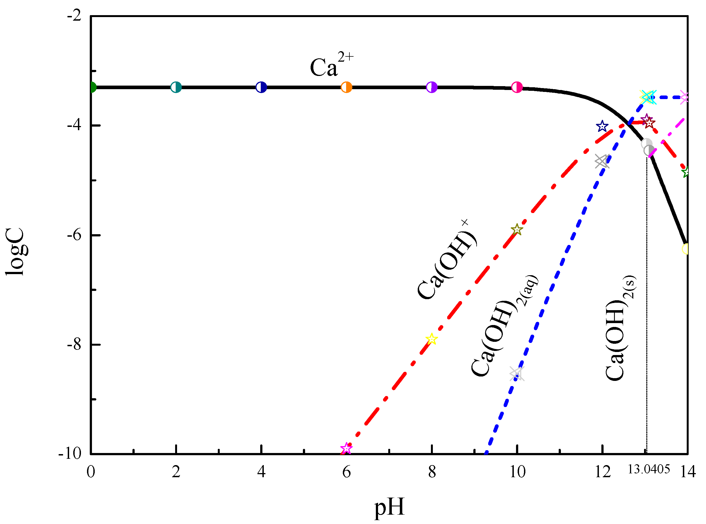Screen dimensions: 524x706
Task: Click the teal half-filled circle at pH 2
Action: [x=176, y=87]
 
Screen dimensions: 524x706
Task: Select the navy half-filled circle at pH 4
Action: [x=261, y=87]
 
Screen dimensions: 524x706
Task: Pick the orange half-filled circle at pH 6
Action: [x=346, y=87]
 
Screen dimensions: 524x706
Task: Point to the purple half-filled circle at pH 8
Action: [x=431, y=87]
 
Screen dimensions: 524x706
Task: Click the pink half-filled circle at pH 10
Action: [x=517, y=87]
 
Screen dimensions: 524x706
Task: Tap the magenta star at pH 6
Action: [x=346, y=449]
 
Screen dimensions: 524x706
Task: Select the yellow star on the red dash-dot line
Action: [x=431, y=339]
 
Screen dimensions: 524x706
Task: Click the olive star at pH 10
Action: [x=517, y=229]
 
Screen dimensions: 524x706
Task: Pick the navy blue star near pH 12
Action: [x=602, y=127]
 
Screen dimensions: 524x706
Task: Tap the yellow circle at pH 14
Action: [x=685, y=249]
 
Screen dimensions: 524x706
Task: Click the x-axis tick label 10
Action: [x=517, y=472]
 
